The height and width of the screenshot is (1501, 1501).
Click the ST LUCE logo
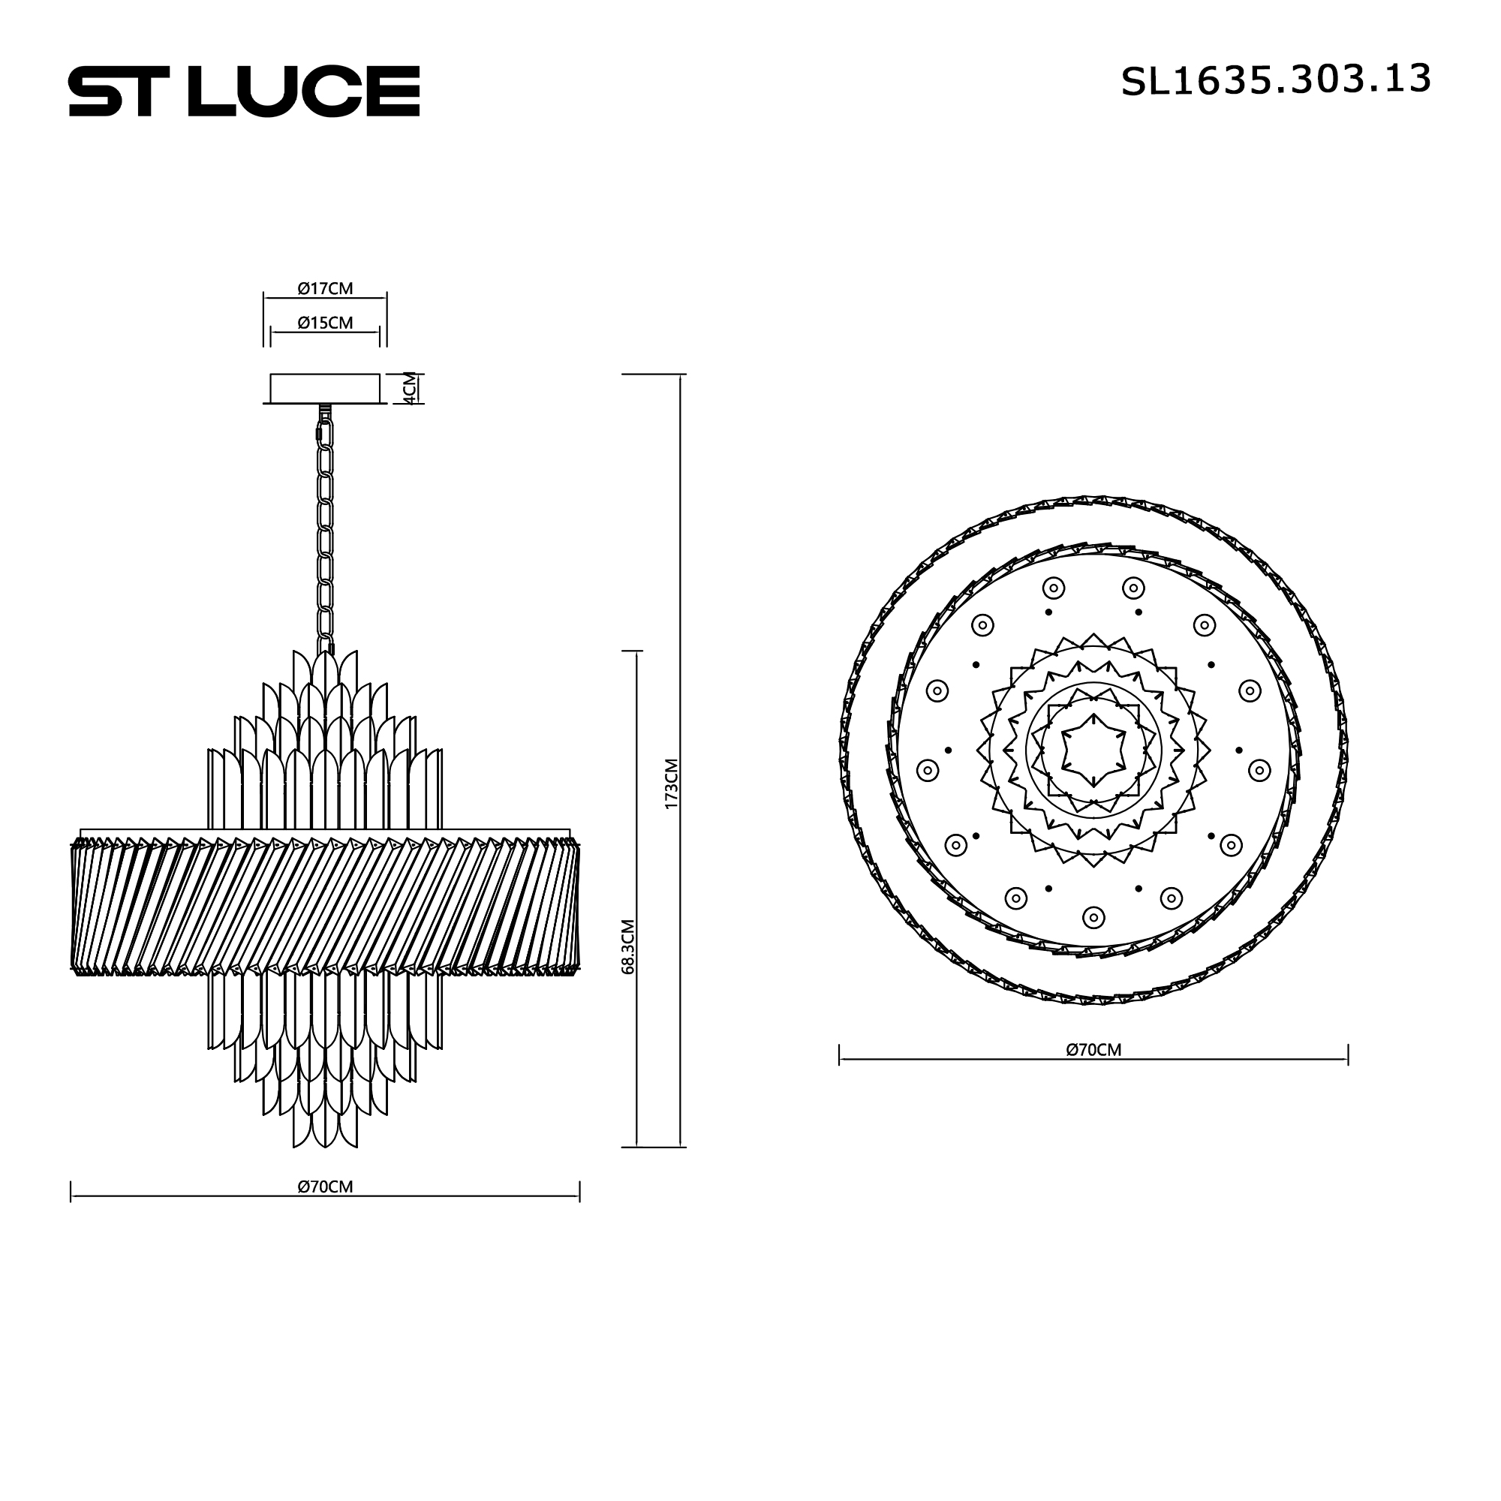[244, 92]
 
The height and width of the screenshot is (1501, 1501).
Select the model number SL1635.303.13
[1275, 80]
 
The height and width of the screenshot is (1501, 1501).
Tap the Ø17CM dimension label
[325, 288]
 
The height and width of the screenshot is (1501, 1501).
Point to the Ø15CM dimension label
[325, 323]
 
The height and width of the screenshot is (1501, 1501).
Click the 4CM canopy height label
[411, 388]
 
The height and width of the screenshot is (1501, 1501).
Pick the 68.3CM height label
[628, 946]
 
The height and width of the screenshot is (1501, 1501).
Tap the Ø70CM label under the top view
[1093, 1050]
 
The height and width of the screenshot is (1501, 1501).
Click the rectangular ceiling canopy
[325, 388]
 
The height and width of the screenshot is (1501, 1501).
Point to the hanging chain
[325, 536]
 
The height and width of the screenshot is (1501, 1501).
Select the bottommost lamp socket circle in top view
[1093, 918]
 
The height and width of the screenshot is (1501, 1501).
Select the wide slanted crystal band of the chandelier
[325, 905]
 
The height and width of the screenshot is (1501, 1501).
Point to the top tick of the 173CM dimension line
[681, 375]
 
